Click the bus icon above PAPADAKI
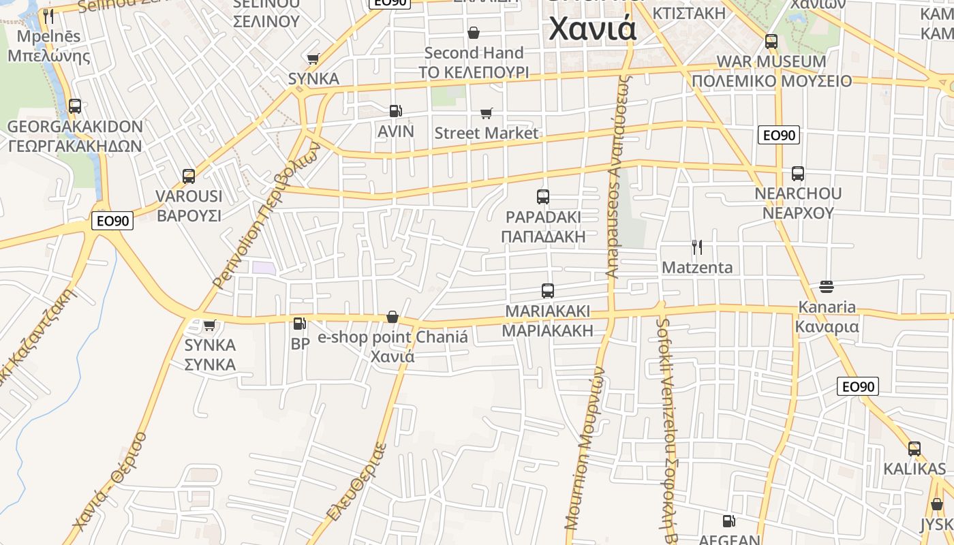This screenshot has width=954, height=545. tap(543, 197)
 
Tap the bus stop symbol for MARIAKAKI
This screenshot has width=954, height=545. tap(548, 291)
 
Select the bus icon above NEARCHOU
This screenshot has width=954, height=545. tap(798, 174)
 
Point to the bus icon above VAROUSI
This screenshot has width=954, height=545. tap(189, 176)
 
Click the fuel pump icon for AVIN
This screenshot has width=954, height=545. tap(395, 111)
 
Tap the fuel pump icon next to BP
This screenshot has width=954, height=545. tap(300, 324)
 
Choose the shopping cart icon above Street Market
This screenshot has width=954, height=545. tap(486, 113)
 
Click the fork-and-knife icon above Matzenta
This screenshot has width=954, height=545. tap(697, 247)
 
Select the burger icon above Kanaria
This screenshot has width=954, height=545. tap(827, 287)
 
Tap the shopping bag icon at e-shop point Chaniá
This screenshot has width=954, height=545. tap(393, 317)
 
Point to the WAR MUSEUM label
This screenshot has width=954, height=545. tap(771, 61)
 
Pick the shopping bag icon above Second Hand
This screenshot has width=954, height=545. tap(474, 33)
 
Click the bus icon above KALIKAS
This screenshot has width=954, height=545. tap(914, 449)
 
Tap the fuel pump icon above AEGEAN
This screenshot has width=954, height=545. tap(728, 521)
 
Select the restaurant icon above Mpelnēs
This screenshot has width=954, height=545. tap(48, 16)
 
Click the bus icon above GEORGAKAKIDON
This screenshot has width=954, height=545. tap(75, 106)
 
